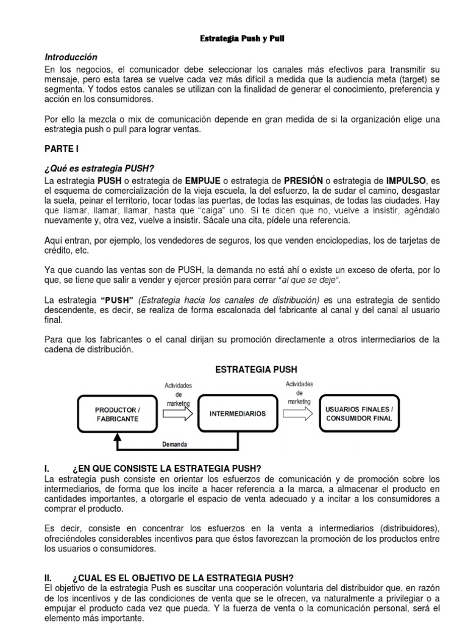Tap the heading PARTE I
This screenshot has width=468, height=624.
pos(62,148)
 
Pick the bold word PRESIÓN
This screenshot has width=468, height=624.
pos(303,180)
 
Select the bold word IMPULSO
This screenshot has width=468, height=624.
pos(408,180)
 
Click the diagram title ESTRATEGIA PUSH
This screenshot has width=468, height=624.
pos(257,369)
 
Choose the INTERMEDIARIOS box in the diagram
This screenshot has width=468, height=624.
pos(238,414)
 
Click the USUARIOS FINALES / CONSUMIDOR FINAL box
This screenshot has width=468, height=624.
pos(360,414)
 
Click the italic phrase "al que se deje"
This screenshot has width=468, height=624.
pos(309,280)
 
